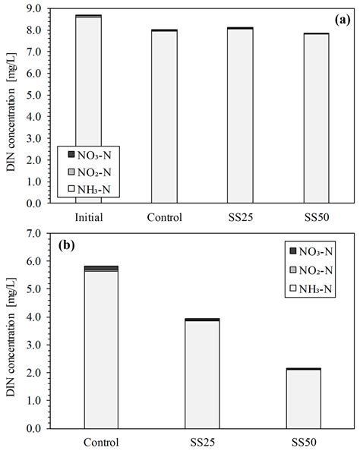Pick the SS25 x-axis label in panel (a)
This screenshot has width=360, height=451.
tap(239, 217)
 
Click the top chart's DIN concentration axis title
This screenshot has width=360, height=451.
tap(12, 106)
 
